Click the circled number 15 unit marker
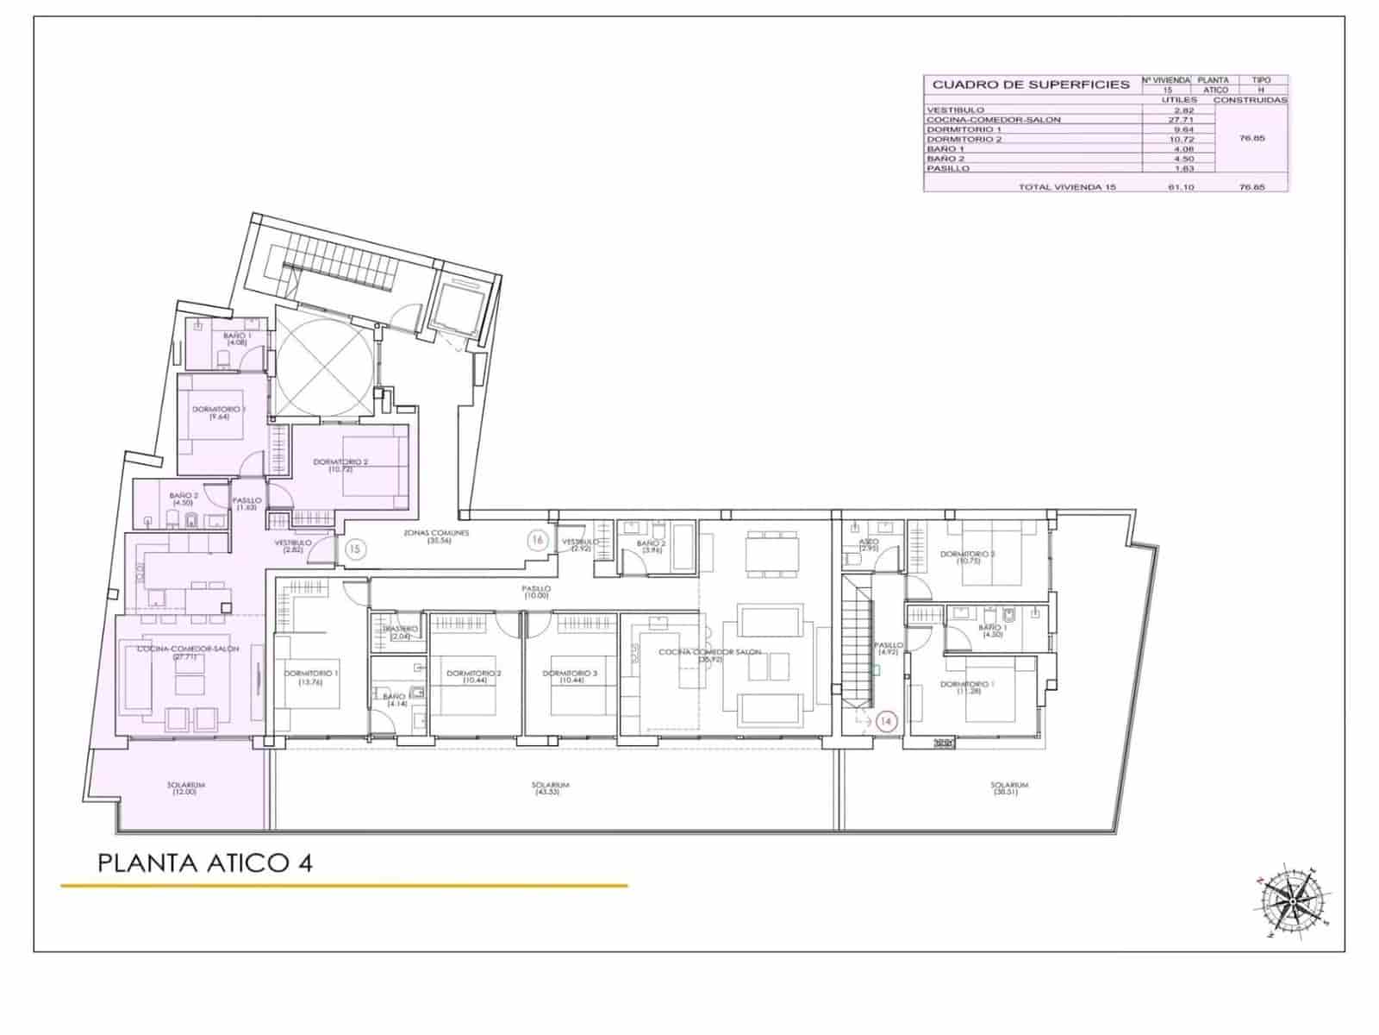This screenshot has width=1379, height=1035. click(354, 548)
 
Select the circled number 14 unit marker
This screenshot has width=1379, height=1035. click(887, 720)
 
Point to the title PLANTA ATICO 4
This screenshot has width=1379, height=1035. click(205, 862)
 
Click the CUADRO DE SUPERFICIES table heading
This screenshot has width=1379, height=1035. click(1031, 85)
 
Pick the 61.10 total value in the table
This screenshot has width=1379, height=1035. click(1180, 186)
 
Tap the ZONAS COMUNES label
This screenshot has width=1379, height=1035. click(437, 536)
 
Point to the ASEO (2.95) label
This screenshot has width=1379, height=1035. click(869, 545)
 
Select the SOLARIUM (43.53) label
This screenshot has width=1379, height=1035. click(551, 788)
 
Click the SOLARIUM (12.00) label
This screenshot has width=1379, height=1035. click(185, 788)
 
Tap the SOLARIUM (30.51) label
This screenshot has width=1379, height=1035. click(1009, 788)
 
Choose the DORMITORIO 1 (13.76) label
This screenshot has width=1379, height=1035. click(312, 677)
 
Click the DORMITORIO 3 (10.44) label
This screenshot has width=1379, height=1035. click(571, 677)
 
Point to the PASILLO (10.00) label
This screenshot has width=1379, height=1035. click(535, 592)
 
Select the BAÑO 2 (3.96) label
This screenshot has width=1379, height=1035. click(652, 547)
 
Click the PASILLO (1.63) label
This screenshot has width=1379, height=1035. click(247, 504)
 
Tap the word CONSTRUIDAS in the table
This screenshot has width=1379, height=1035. click(1250, 100)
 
